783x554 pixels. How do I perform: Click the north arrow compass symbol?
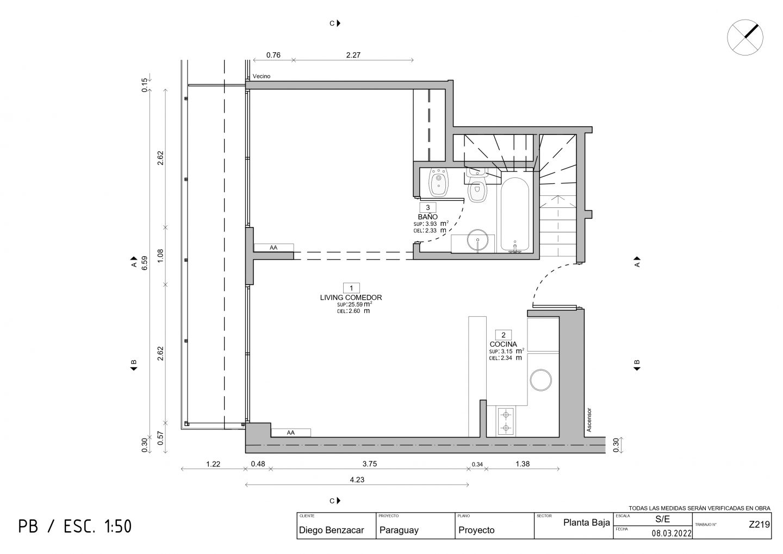tap(745, 37)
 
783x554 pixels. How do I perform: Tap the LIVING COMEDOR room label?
tap(351, 298)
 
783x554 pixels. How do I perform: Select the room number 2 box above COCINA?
tap(504, 335)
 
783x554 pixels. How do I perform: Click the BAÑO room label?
tap(427, 217)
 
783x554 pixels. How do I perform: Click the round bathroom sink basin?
tap(477, 240)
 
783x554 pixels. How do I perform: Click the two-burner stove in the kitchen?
tap(506, 421)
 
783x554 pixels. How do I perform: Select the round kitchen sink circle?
tap(540, 380)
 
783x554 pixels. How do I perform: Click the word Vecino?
tap(262, 76)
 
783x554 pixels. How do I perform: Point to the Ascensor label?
tap(589, 420)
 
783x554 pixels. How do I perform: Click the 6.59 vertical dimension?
tap(145, 263)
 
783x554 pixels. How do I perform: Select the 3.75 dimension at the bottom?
tap(370, 464)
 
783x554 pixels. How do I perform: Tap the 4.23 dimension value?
tap(357, 479)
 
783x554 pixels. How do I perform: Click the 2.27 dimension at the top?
tap(353, 55)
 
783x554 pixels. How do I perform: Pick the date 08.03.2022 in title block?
tap(672, 533)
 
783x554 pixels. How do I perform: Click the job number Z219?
tap(759, 524)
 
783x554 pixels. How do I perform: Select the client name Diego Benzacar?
tap(331, 530)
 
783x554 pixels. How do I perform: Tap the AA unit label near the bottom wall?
tap(290, 433)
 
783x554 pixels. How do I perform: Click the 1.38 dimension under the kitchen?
tap(523, 464)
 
